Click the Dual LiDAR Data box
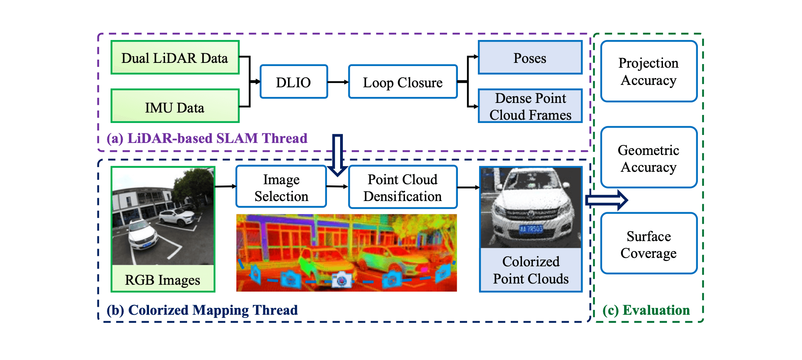175,58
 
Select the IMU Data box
175,106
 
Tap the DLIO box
294,82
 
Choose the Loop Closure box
403,82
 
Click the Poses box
530,58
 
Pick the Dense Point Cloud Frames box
530,106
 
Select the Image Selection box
281,187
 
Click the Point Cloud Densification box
403,187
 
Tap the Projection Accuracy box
649,71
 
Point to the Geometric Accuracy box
649,157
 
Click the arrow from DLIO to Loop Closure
338,82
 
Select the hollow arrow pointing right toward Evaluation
606,200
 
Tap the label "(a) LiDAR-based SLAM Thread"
207,138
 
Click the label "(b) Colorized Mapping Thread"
202,310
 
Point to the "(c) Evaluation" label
646,310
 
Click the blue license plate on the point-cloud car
531,229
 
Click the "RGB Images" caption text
162,280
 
